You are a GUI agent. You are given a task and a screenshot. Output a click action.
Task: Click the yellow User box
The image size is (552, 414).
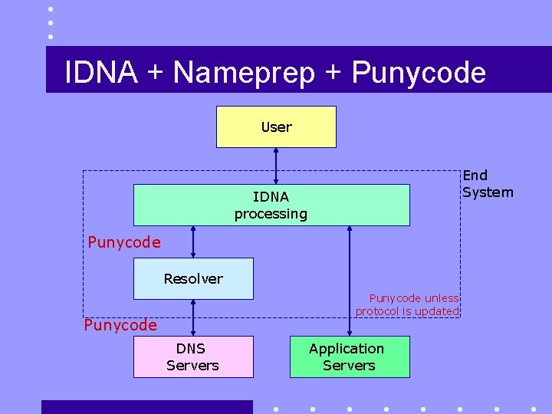(x=276, y=127)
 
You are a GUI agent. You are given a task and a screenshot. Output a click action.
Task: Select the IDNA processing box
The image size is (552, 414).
(x=271, y=205)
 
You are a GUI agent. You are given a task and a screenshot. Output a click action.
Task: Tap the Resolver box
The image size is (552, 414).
(x=193, y=278)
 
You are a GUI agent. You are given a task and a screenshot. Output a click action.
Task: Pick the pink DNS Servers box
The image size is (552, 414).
(x=193, y=356)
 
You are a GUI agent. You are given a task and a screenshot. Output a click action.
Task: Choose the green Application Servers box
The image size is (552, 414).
(x=349, y=356)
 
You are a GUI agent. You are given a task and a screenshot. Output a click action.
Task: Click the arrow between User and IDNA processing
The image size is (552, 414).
(x=276, y=166)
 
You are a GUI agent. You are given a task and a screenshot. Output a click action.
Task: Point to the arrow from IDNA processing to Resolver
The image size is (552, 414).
(x=193, y=242)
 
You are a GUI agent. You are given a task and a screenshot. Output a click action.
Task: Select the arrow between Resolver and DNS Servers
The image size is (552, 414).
(x=193, y=317)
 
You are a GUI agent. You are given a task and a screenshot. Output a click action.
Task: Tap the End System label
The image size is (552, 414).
(x=488, y=184)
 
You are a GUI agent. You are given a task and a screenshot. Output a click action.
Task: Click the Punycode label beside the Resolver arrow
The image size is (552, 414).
(x=124, y=242)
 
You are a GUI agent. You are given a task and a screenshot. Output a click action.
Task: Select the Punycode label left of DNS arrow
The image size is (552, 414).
(x=120, y=325)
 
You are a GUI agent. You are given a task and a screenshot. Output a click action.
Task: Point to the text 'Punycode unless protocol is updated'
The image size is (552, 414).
(x=407, y=304)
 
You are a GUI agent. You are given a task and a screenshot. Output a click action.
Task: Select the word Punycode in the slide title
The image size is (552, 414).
(x=419, y=73)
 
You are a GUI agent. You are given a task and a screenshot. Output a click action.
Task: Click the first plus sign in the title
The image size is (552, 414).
(x=156, y=73)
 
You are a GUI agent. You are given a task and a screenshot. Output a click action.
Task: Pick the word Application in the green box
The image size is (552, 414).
(x=347, y=348)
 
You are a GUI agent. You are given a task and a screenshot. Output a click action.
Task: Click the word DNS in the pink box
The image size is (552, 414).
(x=191, y=348)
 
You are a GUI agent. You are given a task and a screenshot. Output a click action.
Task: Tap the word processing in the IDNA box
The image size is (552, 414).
(x=271, y=214)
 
